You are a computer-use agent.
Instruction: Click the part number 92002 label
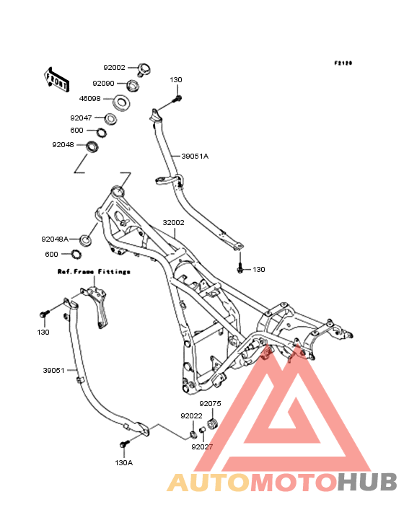pos(114,68)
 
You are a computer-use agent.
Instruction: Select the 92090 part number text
pos(103,84)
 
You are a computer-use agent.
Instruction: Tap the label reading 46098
pos(90,99)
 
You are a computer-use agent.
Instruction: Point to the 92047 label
pos(81,118)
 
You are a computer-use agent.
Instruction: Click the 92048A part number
pos(55,239)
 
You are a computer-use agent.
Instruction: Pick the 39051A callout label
pos(195,157)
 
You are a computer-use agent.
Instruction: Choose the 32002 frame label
pos(173,223)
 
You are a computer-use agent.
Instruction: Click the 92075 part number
pos(210,403)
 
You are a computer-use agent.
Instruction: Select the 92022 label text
pos(192,416)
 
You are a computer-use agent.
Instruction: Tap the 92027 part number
pos(202,446)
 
